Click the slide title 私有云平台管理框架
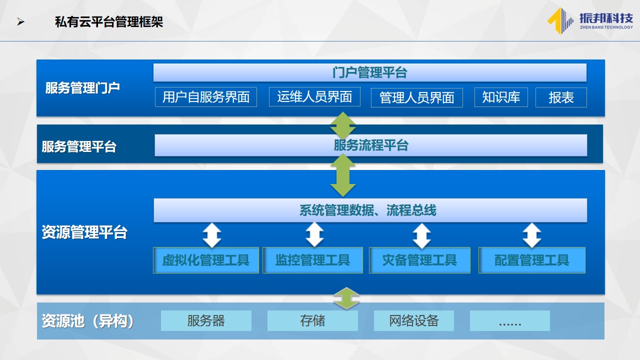(x=109, y=22)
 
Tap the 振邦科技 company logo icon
(x=560, y=21)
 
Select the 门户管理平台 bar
(x=369, y=72)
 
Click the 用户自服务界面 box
(x=205, y=97)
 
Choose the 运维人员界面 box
(x=314, y=97)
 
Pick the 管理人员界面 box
(x=417, y=97)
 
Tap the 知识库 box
(x=501, y=97)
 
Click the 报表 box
(x=561, y=97)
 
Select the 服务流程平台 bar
(x=371, y=145)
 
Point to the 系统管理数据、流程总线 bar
(x=370, y=210)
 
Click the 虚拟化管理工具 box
(x=206, y=260)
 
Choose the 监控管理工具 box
(x=313, y=260)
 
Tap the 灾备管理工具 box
(x=419, y=260)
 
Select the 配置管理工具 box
(x=532, y=260)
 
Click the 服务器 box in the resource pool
(x=206, y=320)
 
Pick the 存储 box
(x=312, y=320)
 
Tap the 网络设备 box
(x=414, y=320)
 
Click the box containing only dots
(x=510, y=320)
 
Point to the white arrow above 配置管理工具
(x=531, y=235)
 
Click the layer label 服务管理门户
(x=82, y=87)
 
